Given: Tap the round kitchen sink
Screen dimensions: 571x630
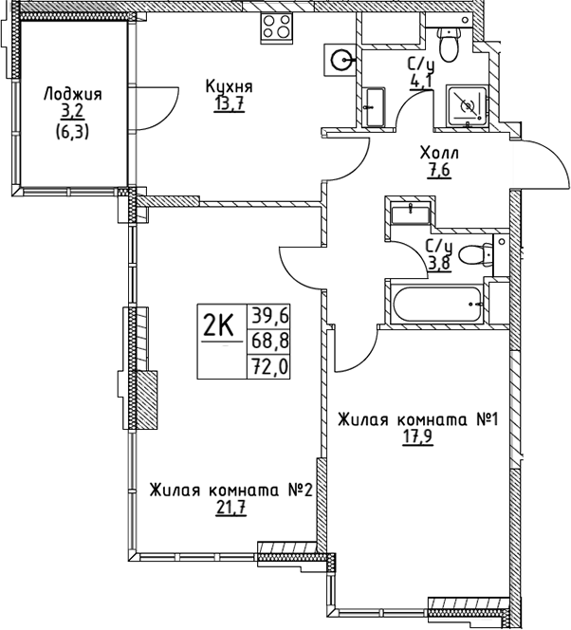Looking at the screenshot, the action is pos(340,60).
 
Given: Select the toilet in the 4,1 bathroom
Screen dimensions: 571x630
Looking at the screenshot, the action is pos(449,45).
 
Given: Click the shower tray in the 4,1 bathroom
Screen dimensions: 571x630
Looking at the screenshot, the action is pos(467,105).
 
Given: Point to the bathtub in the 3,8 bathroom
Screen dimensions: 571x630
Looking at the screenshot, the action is pos(437,305).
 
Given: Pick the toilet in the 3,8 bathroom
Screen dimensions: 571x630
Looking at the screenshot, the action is pos(475,254).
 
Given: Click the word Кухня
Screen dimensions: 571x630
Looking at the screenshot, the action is pos(229,86).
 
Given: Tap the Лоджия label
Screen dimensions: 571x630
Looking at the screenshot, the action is pos(73,95).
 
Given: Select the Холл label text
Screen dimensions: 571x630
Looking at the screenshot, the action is pos(439,153).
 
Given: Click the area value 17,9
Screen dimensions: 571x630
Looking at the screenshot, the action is pos(418,437).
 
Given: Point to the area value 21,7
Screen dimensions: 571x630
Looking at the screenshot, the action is pos(230,508).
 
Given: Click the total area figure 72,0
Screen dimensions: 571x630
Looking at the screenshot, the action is pos(269,367).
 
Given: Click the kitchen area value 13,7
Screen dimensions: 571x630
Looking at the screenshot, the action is pos(229,104).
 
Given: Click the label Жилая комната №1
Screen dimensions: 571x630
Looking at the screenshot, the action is pos(418,420).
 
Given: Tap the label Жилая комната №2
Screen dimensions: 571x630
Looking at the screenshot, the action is pos(230,491).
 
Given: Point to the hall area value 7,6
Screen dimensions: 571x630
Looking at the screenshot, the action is pos(439,171).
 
